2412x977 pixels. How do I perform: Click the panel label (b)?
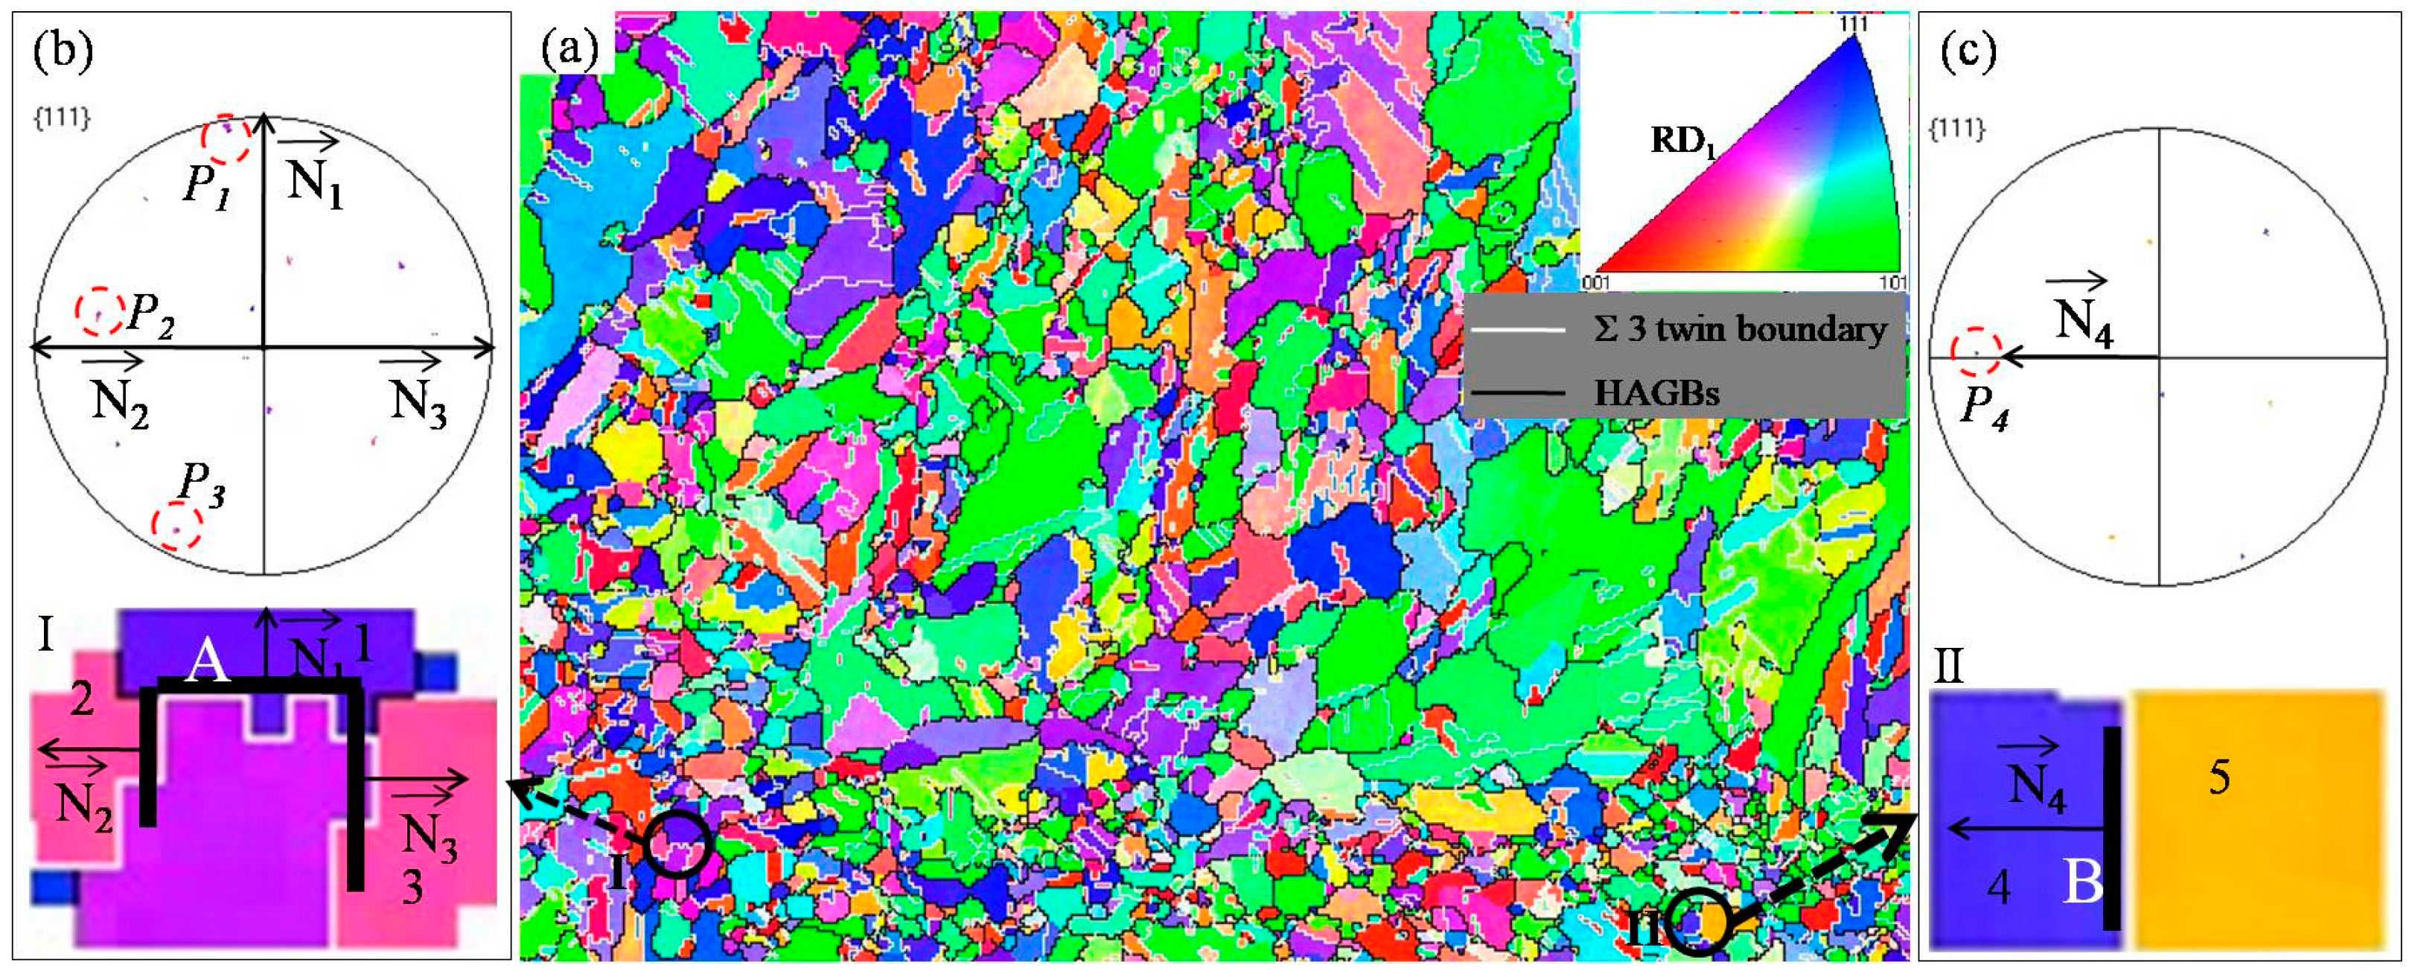pos(63,51)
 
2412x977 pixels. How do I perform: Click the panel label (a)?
pos(569,48)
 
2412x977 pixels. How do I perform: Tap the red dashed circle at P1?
pos(226,139)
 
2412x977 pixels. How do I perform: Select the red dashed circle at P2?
pos(99,310)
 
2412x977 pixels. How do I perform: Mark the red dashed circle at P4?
pos(1976,352)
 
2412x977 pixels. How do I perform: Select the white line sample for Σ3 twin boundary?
pos(1517,331)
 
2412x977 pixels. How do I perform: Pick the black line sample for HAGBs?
pos(1517,392)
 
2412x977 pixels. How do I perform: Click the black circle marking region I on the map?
pos(677,843)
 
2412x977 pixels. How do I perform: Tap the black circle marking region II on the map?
pos(1700,923)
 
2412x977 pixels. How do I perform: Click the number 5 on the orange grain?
pos(2219,777)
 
